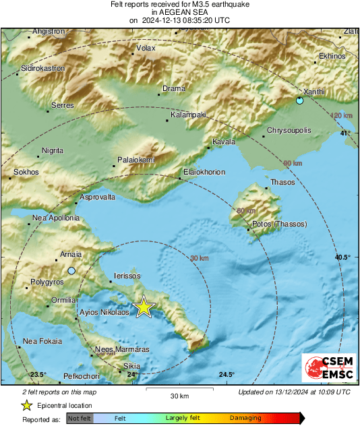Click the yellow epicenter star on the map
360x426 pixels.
[144, 307]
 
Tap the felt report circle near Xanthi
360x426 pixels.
[299, 101]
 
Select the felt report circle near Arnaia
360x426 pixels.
[71, 271]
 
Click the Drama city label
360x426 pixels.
[173, 88]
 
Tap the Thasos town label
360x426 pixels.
[282, 182]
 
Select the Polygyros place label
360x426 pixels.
[47, 282]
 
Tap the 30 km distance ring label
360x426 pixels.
[200, 258]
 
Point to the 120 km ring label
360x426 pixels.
[342, 116]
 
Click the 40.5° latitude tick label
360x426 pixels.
[343, 257]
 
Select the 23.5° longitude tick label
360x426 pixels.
[38, 374]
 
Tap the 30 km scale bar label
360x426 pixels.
[179, 395]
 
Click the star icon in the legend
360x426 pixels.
[26, 405]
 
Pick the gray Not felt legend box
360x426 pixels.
[80, 419]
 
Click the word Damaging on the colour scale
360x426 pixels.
[245, 419]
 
